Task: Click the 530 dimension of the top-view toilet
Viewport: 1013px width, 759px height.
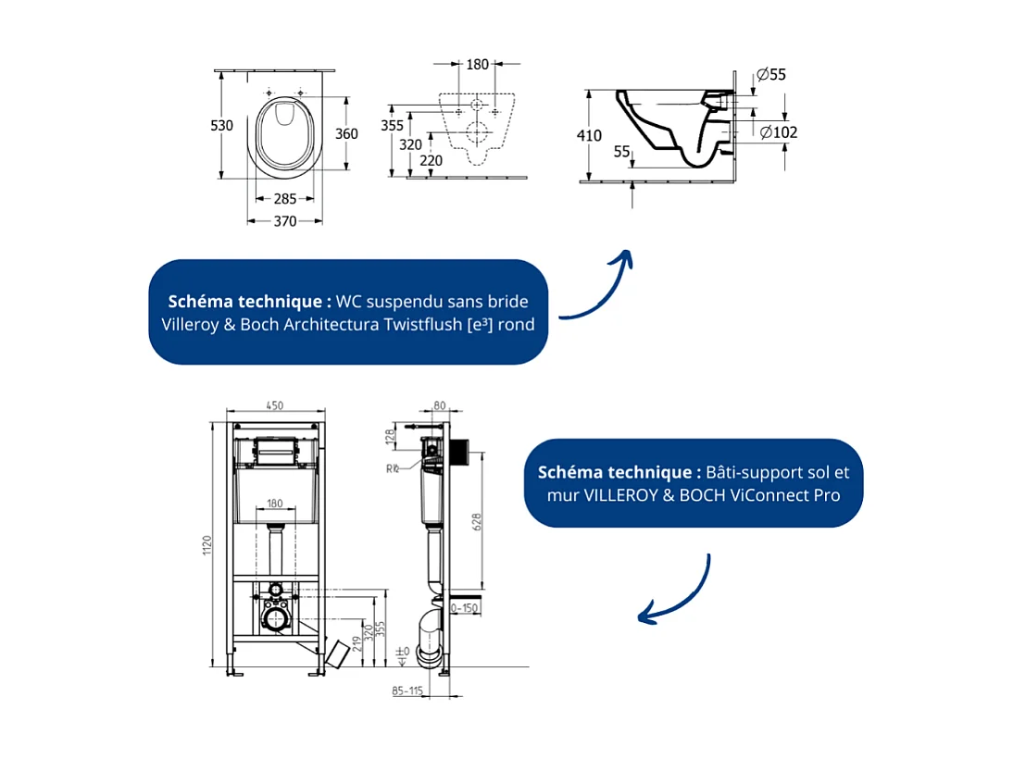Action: pyautogui.click(x=221, y=125)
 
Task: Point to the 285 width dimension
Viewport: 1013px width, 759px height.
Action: pyautogui.click(x=284, y=199)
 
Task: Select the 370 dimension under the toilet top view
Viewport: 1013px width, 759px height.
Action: pyautogui.click(x=284, y=221)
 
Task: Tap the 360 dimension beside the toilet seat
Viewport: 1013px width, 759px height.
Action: pyautogui.click(x=345, y=133)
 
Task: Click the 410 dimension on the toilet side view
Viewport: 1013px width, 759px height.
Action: pyautogui.click(x=589, y=135)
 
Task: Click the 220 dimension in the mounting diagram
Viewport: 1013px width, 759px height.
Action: pyautogui.click(x=431, y=160)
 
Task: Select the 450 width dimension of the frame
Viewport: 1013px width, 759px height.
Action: pyautogui.click(x=275, y=405)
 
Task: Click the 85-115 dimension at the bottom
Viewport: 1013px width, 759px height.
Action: pyautogui.click(x=407, y=690)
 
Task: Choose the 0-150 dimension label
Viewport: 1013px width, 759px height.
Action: pyautogui.click(x=464, y=608)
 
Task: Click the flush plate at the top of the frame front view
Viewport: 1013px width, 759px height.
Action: pyautogui.click(x=275, y=450)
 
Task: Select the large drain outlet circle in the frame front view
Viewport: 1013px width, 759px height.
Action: pyautogui.click(x=275, y=618)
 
